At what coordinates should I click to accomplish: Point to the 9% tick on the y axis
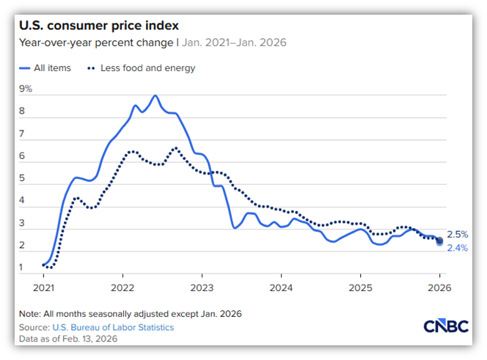click(x=26, y=89)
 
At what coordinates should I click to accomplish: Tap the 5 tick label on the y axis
click(x=23, y=178)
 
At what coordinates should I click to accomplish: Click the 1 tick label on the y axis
click(x=23, y=268)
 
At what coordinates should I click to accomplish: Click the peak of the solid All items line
click(x=155, y=95)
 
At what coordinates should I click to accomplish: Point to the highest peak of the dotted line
click(x=175, y=148)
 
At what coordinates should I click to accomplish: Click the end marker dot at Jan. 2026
click(x=439, y=241)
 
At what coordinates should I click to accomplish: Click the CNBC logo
click(x=446, y=327)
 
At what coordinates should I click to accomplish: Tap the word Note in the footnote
click(x=31, y=314)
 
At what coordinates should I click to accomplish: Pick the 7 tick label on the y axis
click(x=23, y=134)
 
